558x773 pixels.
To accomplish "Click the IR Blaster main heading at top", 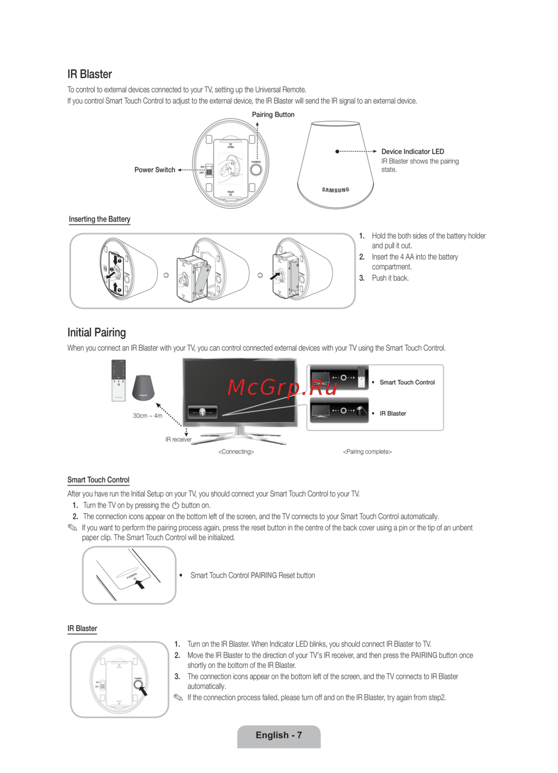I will point(89,74).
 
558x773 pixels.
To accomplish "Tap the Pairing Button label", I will point(273,114).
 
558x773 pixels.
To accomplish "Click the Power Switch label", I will point(155,170).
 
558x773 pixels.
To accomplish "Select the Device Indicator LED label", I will point(412,151).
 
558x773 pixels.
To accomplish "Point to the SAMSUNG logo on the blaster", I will point(335,190).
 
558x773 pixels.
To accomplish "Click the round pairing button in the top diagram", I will point(256,169).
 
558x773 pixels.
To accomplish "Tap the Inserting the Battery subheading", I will point(99,219).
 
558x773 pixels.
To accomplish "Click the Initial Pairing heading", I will point(97,332).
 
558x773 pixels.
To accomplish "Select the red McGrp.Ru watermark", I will point(282,386).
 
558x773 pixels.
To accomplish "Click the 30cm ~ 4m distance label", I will point(147,416).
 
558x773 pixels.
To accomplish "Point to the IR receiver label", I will point(178,440).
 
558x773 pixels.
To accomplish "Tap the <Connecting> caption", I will point(236,452).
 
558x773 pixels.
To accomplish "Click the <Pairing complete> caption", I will point(367,452).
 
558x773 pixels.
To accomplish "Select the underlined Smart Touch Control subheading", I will point(98,480).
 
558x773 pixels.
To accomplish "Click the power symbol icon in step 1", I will point(175,505).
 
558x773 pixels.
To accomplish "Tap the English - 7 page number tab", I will point(278,736).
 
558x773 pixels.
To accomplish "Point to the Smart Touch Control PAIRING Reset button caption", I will point(252,575).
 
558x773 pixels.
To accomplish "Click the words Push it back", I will point(390,278).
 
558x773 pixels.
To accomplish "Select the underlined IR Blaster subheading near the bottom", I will point(82,628).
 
